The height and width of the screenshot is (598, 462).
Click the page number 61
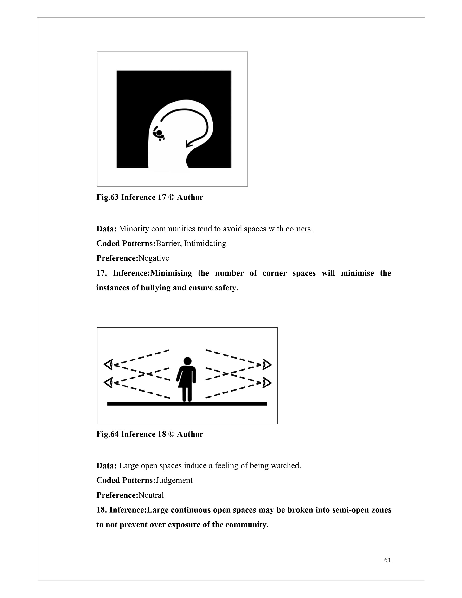[387, 560]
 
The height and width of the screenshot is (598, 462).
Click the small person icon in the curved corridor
[159, 134]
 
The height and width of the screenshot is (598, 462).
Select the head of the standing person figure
[187, 361]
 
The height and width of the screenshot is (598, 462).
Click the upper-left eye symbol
[109, 364]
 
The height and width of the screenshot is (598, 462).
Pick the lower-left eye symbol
[109, 383]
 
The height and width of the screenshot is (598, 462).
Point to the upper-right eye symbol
[266, 364]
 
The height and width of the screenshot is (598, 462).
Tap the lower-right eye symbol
[266, 383]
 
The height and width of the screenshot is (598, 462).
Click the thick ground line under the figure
[187, 404]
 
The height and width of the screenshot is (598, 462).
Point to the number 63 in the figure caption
[115, 197]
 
